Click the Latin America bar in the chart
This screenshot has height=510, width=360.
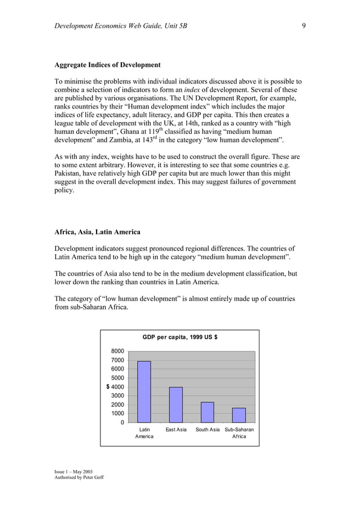click(144, 392)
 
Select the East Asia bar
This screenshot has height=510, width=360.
click(176, 405)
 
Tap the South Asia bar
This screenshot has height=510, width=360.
click(207, 412)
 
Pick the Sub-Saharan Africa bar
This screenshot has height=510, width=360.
click(239, 415)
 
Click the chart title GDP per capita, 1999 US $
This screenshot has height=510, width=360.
click(180, 337)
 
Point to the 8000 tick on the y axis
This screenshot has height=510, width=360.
click(117, 351)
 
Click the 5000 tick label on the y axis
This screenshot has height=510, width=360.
click(117, 378)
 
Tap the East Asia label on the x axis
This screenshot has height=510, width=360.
click(176, 430)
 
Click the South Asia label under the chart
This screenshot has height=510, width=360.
click(207, 430)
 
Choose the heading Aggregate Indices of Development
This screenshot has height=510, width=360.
click(107, 65)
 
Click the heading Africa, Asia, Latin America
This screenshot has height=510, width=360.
click(97, 232)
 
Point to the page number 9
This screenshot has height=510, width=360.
click(304, 26)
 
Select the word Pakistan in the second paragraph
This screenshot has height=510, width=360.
click(68, 173)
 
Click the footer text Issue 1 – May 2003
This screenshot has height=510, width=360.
click(74, 471)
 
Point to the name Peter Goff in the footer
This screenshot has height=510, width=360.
click(93, 477)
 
